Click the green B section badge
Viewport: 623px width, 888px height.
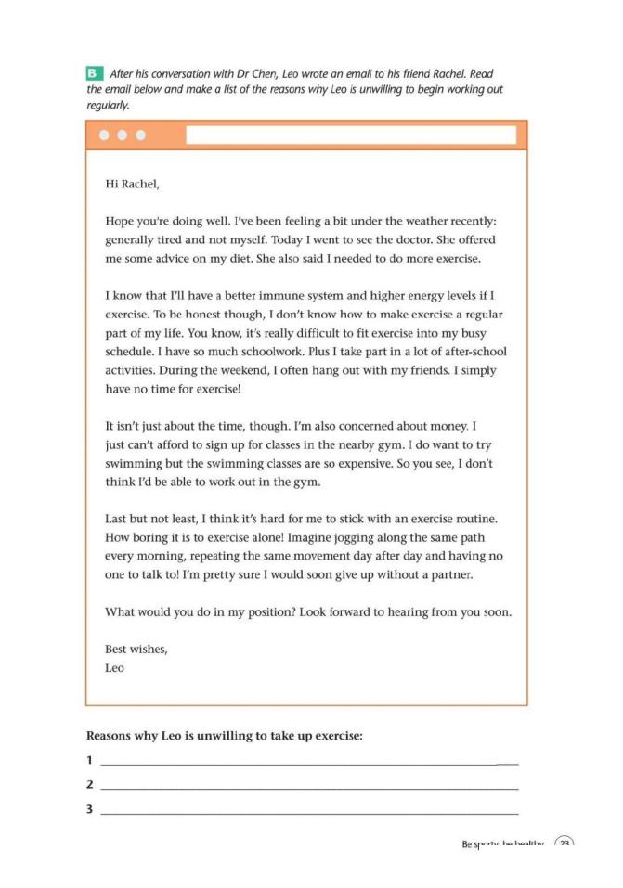tap(93, 72)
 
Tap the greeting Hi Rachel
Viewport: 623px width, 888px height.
tap(133, 184)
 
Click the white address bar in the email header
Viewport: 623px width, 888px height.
tap(350, 135)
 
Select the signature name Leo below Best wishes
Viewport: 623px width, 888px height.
tap(115, 666)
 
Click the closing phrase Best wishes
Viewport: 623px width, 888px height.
tap(136, 649)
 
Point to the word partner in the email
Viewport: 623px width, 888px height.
tap(445, 575)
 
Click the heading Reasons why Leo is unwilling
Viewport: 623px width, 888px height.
tap(224, 736)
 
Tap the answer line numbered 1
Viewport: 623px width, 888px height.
tap(306, 762)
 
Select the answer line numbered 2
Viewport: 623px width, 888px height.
tap(306, 786)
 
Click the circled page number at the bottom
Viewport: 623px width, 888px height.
tap(564, 844)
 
